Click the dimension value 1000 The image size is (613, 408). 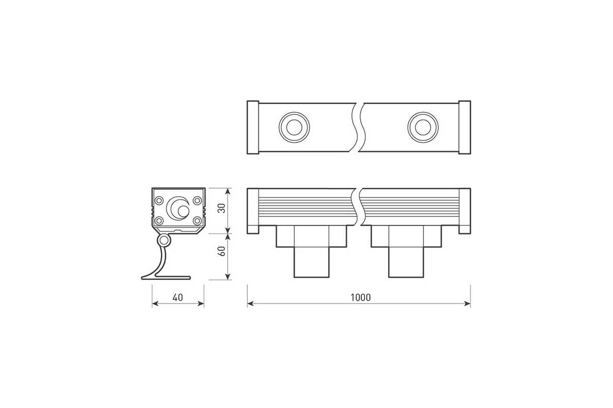coord(361,297)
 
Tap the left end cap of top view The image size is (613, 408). coord(253,127)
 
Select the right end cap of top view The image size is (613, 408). coord(464,127)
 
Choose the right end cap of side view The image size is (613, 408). coord(464,211)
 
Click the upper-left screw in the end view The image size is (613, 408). coord(159,199)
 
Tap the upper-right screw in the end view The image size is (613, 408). coord(197,199)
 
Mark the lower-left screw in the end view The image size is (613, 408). coord(159,220)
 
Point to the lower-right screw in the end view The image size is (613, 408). coord(197,220)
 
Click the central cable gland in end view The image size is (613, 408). coord(178,208)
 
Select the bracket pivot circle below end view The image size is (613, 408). coord(164,240)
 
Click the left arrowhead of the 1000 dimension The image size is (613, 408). coord(250,303)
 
